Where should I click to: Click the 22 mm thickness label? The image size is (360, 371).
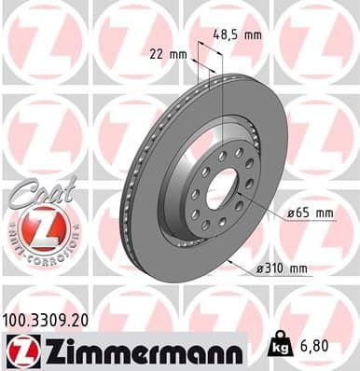click(x=169, y=54)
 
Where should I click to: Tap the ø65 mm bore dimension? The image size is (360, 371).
click(x=311, y=213)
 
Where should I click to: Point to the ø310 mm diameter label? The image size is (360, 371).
click(x=282, y=269)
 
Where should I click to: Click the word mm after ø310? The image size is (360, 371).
click(x=298, y=269)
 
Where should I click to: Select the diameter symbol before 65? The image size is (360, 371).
click(x=291, y=213)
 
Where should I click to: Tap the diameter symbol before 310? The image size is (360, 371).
click(x=259, y=269)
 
